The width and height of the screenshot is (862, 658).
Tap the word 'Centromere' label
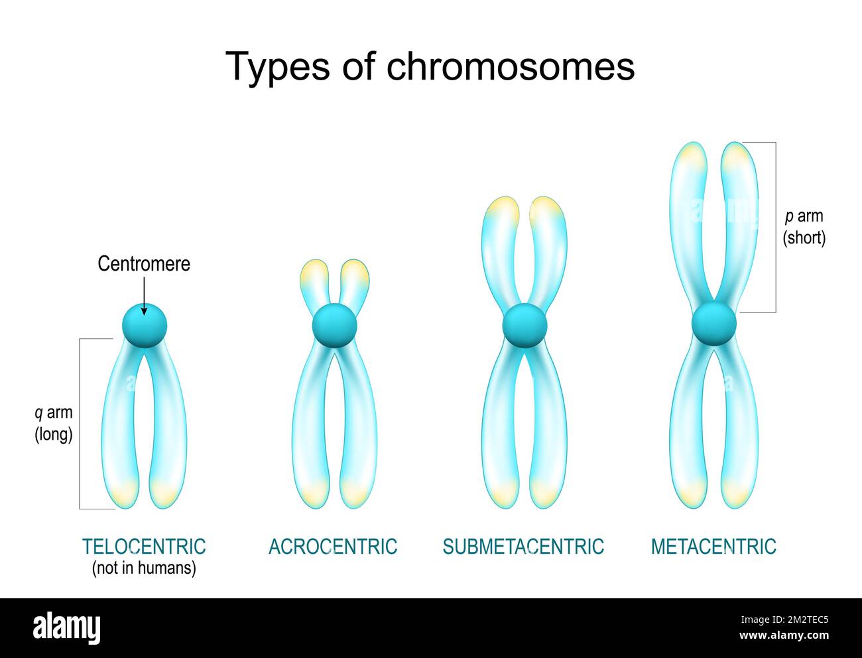(x=144, y=263)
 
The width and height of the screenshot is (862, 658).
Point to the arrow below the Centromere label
(x=144, y=296)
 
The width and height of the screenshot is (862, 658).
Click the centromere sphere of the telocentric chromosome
(x=145, y=325)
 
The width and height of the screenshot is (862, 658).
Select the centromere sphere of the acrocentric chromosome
(x=335, y=325)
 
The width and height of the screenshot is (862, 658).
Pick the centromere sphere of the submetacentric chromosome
(x=524, y=325)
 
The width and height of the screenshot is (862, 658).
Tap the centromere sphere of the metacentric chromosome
(x=714, y=323)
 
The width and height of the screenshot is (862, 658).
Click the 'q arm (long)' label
(x=54, y=424)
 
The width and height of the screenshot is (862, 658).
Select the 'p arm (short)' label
(x=804, y=228)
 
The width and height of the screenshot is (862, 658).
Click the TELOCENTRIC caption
(x=144, y=547)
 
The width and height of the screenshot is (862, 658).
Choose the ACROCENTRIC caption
(x=333, y=547)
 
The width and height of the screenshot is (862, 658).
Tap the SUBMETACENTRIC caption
(x=523, y=547)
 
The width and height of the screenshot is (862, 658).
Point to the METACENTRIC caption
(x=714, y=547)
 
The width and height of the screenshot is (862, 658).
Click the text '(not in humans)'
(x=144, y=568)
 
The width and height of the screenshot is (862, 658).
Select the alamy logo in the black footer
(x=67, y=627)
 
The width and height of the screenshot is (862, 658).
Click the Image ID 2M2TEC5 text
(x=784, y=620)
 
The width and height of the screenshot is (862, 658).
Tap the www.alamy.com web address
(x=784, y=635)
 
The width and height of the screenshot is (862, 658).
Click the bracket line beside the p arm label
(x=776, y=228)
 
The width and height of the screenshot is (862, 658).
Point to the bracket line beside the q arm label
(x=80, y=424)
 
